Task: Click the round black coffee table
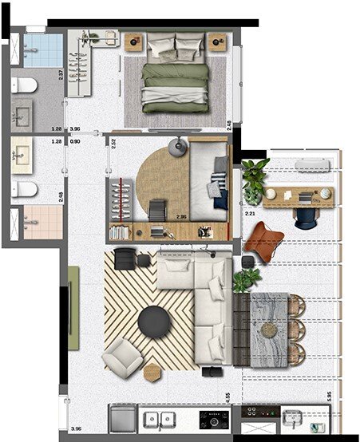click(x=152, y=322)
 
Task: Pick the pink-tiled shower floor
click(x=40, y=221)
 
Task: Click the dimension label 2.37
click(x=61, y=77)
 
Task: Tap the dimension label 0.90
click(x=75, y=142)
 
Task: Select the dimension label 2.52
click(x=113, y=144)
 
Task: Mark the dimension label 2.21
click(x=249, y=213)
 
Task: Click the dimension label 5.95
click(x=329, y=395)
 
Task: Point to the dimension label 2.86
click(x=181, y=217)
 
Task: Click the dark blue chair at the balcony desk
click(x=305, y=217)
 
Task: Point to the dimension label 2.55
click(x=227, y=396)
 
